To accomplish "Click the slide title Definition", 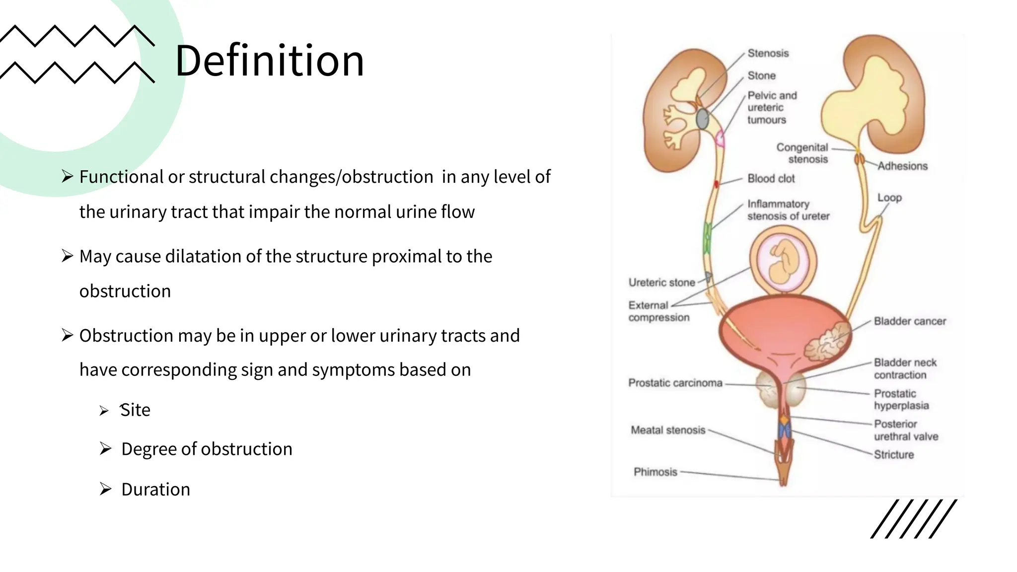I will point(270,61).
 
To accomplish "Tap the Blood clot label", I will point(771,179).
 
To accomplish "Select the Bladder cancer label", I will point(910,321).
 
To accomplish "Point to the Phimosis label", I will point(655,472).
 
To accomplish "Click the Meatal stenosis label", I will point(668,430).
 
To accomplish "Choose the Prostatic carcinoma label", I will point(675,383).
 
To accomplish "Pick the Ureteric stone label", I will point(661,283).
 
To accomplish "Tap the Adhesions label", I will point(902,166).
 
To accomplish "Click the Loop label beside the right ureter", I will point(889,198).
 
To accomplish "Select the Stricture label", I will point(893,455).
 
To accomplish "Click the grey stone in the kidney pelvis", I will point(702,119).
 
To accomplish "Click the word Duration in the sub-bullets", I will point(155,490).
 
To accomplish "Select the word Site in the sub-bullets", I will point(135,410).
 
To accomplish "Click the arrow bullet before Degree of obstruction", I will point(105,449).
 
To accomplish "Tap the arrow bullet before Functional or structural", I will point(68,176).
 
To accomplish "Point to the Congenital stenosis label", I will point(802,153).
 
